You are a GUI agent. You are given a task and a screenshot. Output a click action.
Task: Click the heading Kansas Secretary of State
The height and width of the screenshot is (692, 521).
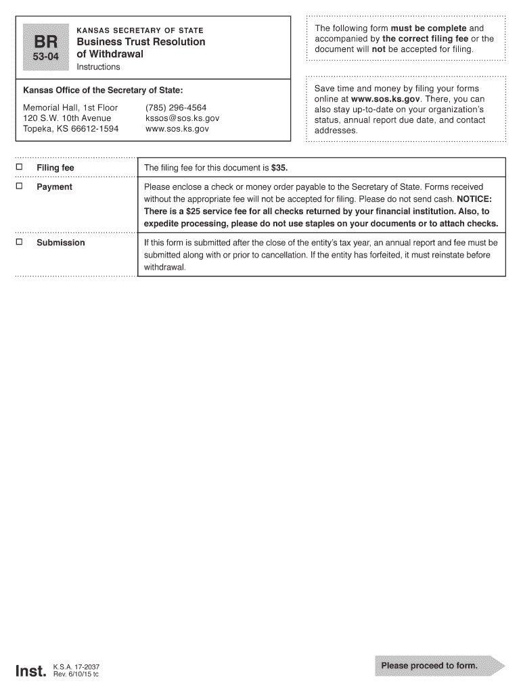pyautogui.click(x=140, y=30)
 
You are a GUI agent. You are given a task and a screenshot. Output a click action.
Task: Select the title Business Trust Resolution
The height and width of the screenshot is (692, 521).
pyautogui.click(x=141, y=42)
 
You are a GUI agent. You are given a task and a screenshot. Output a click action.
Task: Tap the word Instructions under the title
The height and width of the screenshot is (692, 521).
pyautogui.click(x=98, y=67)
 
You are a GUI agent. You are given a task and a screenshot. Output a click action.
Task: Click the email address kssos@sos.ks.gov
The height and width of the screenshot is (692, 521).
pyautogui.click(x=182, y=118)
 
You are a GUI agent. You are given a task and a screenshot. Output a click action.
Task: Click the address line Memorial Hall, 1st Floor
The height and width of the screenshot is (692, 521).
pyautogui.click(x=70, y=108)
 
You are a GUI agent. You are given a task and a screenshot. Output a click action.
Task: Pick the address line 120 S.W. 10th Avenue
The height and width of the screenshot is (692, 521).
pyautogui.click(x=67, y=118)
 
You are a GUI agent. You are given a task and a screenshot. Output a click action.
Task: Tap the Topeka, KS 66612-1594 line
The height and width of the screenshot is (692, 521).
pyautogui.click(x=70, y=128)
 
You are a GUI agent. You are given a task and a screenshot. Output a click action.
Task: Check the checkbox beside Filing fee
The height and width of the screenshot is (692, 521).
pyautogui.click(x=20, y=167)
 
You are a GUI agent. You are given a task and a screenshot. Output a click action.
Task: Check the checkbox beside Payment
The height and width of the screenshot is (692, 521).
pyautogui.click(x=20, y=186)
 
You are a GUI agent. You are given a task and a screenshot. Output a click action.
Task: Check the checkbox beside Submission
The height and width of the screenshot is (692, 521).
pyautogui.click(x=20, y=242)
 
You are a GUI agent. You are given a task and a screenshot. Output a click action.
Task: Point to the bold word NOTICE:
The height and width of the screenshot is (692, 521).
pyautogui.click(x=474, y=199)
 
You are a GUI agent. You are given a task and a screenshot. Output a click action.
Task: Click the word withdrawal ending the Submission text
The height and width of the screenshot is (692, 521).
pyautogui.click(x=164, y=268)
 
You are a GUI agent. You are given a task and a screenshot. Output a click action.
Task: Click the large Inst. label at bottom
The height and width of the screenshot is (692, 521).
pyautogui.click(x=31, y=670)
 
